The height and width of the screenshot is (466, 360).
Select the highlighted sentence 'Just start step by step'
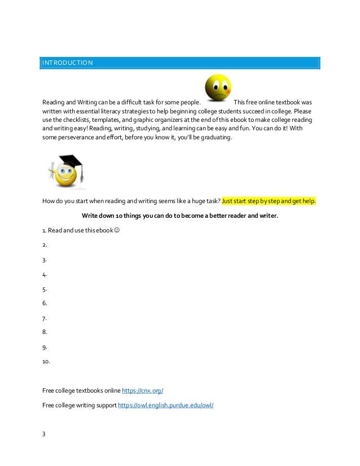pyautogui.click(x=269, y=201)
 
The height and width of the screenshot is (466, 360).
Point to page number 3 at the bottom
pyautogui.click(x=44, y=434)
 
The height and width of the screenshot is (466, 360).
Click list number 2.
pyautogui.click(x=44, y=245)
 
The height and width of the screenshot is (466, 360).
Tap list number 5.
pyautogui.click(x=44, y=289)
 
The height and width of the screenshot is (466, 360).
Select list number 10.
pyautogui.click(x=46, y=362)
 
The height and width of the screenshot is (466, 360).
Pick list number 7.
pyautogui.click(x=44, y=318)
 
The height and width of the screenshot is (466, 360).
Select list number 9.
pyautogui.click(x=44, y=347)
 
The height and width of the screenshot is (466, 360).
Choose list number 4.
pyautogui.click(x=44, y=275)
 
